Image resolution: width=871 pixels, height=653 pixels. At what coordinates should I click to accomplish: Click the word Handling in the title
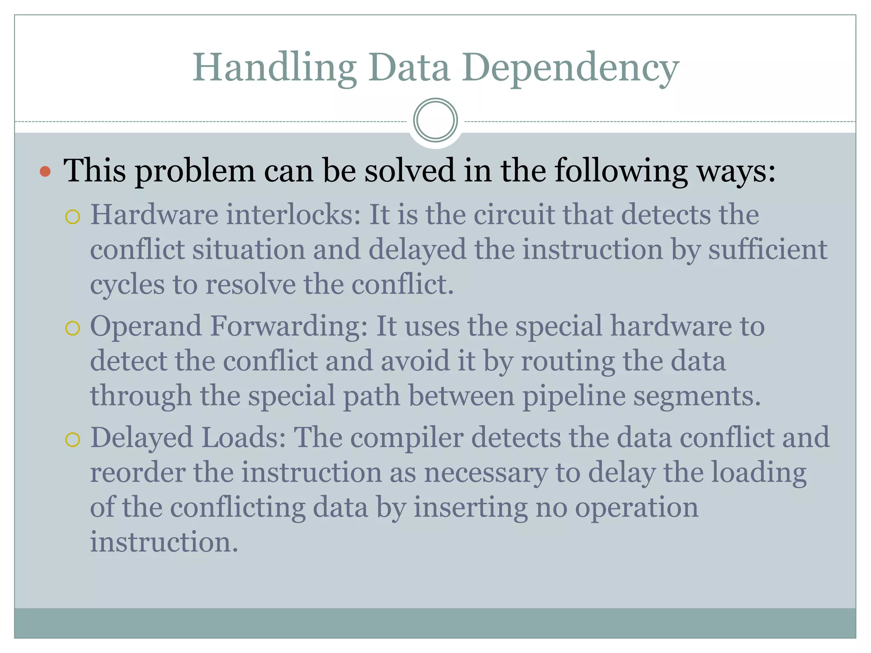[x=275, y=68]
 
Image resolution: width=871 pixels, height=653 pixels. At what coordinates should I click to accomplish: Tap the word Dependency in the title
[x=572, y=68]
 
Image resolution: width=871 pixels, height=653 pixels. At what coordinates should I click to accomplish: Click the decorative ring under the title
[x=435, y=120]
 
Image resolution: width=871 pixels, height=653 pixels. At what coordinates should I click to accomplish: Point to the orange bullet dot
[x=45, y=171]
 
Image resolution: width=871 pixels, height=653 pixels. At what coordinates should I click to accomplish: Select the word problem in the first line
[x=195, y=171]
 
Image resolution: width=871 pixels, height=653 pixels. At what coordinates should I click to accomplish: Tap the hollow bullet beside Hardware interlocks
[x=73, y=217]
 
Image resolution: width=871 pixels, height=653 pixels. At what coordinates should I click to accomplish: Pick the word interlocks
[x=293, y=215]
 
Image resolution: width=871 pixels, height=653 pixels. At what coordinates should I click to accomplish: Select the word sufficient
[x=768, y=250]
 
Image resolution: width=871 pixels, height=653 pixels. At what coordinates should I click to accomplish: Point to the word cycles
[x=127, y=285]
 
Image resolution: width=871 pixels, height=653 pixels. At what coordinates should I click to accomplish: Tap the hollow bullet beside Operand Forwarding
[x=73, y=328]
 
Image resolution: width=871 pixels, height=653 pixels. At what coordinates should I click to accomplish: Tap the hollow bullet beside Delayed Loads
[x=73, y=440]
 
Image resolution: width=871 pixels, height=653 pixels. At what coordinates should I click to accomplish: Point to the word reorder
[x=138, y=473]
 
